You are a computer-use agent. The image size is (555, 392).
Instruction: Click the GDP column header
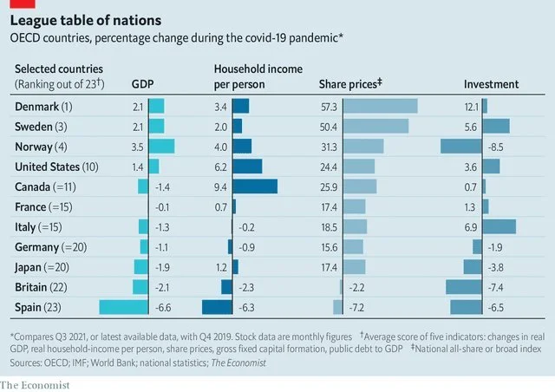point(142,85)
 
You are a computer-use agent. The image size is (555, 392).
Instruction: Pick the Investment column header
point(491,85)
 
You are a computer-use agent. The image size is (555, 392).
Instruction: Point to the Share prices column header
point(351,85)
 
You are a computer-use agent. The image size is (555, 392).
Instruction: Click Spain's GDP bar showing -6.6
point(124,306)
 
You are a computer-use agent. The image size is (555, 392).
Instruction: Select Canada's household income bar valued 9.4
point(255,186)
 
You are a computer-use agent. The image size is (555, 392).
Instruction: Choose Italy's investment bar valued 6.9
point(499,226)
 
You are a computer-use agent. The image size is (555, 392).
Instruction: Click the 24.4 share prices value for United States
point(330,166)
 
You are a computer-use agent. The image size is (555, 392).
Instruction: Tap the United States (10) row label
point(56,166)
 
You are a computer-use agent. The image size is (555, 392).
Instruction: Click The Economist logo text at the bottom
point(35,384)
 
